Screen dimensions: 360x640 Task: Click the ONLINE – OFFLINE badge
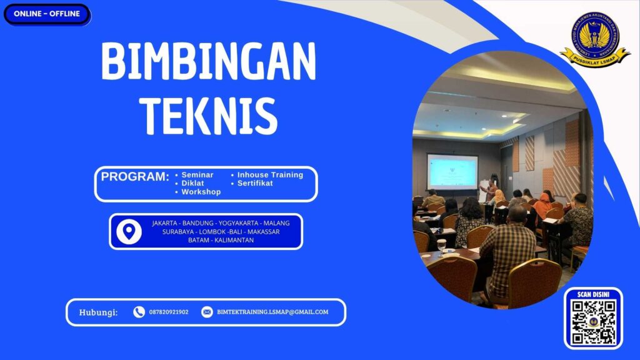click(x=47, y=14)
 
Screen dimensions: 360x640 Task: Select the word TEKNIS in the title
click(x=208, y=115)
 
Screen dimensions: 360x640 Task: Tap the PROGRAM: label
click(x=135, y=176)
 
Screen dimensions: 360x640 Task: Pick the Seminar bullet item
click(x=197, y=175)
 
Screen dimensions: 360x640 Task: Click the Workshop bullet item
click(x=201, y=192)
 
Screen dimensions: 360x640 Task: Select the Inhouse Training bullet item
click(x=270, y=175)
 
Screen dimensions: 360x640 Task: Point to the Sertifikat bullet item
click(x=255, y=183)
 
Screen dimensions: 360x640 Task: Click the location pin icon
click(x=129, y=232)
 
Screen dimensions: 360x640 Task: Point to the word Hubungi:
click(x=98, y=312)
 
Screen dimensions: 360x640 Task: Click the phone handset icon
click(x=139, y=312)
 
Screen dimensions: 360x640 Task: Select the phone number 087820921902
click(x=169, y=312)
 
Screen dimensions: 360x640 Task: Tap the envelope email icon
click(x=207, y=312)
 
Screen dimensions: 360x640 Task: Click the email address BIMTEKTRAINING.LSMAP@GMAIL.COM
click(x=272, y=312)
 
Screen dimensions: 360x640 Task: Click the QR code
click(x=594, y=322)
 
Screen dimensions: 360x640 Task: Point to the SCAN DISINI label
click(x=594, y=294)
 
